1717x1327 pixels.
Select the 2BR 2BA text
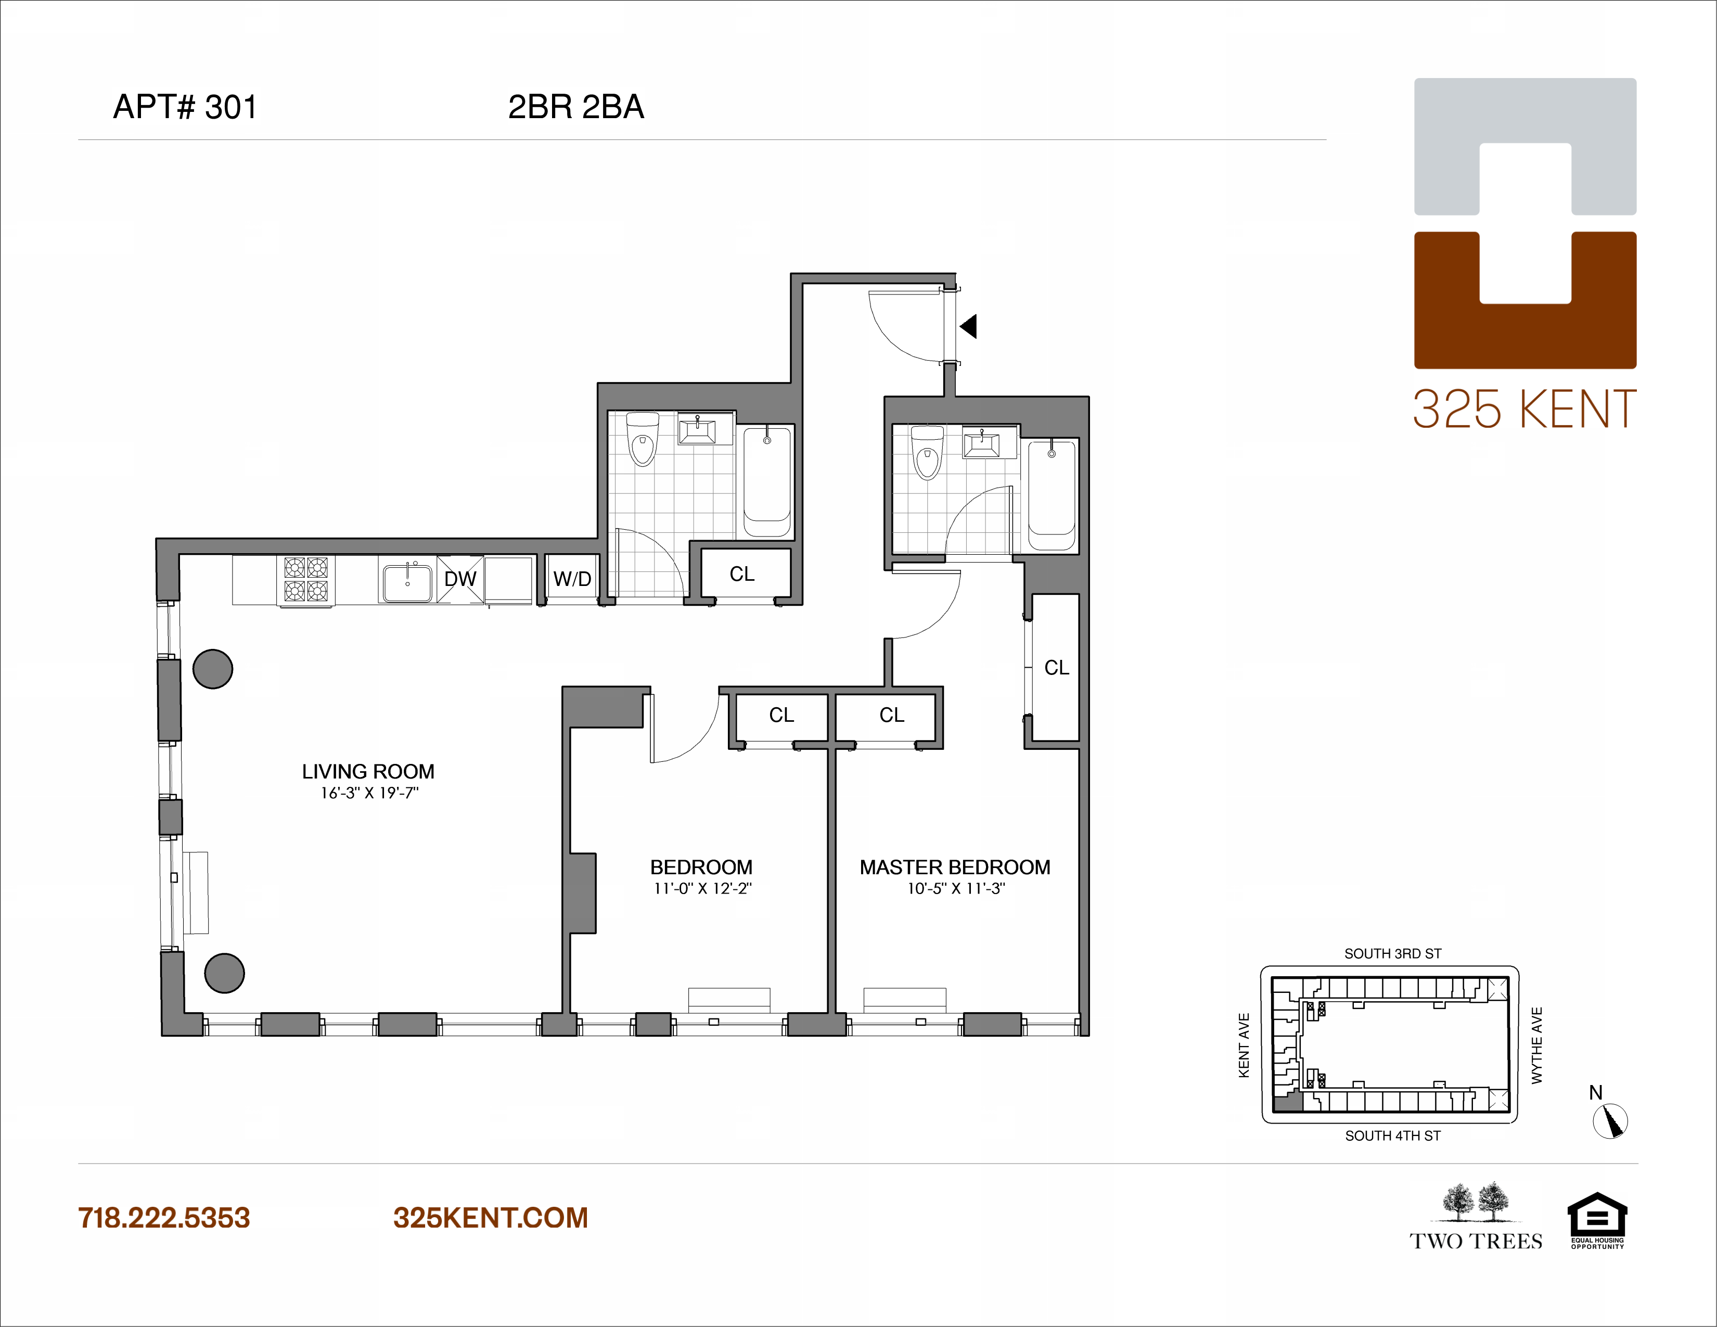(576, 107)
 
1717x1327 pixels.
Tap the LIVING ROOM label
(368, 771)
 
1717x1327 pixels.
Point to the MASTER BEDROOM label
(955, 867)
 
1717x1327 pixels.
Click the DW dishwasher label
(460, 579)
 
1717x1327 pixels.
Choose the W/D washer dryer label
(572, 579)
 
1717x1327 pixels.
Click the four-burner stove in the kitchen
(306, 579)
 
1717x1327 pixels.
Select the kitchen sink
(407, 582)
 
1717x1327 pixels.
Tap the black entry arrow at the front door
(969, 325)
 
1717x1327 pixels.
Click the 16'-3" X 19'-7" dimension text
(369, 793)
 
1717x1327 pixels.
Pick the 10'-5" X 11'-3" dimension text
(956, 888)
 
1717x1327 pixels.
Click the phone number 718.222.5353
(163, 1218)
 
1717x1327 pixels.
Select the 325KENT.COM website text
(491, 1218)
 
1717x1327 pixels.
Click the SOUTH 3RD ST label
(1393, 953)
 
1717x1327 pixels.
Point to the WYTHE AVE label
(1537, 1045)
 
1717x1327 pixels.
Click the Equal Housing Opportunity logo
(1597, 1221)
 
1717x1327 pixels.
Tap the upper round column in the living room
(213, 669)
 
